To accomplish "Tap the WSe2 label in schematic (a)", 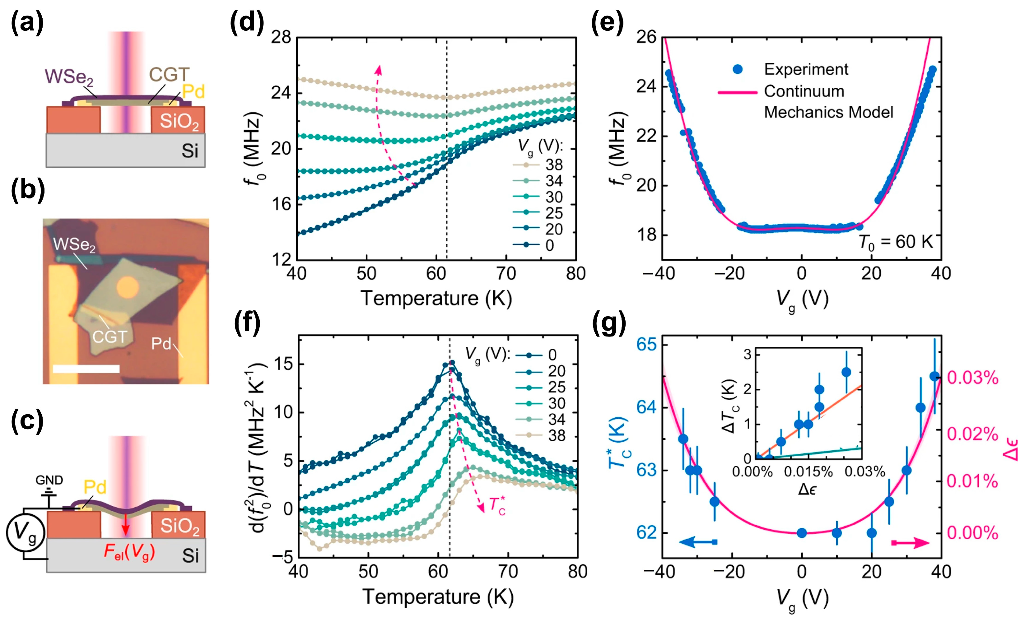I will click(x=69, y=77).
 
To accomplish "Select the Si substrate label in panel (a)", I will click(x=190, y=151).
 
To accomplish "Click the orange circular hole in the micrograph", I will click(x=127, y=287).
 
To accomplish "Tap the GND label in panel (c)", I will click(x=49, y=480).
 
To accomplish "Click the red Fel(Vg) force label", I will click(x=129, y=552).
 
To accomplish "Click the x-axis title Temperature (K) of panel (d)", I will click(x=436, y=299).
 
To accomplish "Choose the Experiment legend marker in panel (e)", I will click(x=738, y=69).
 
